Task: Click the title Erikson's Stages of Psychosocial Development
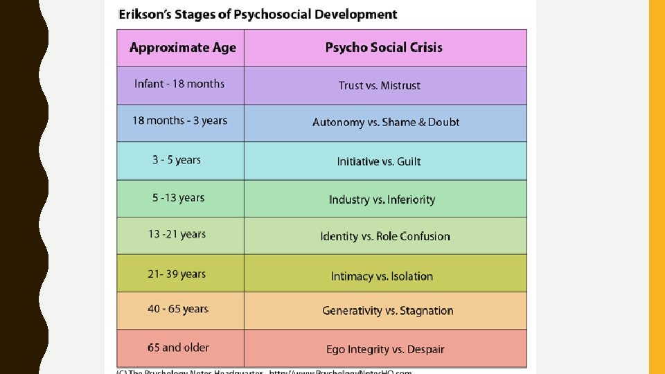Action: coord(258,15)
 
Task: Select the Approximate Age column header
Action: coord(182,48)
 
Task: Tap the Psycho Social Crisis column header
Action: coord(384,48)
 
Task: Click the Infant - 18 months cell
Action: coord(179,84)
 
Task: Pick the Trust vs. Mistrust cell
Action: coord(380,86)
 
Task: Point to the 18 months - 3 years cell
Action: coord(179,121)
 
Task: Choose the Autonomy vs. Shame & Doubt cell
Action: coord(386,123)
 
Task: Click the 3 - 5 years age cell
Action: coord(177,160)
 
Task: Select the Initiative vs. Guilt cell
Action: coord(379,162)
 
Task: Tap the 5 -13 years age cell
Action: coord(179,197)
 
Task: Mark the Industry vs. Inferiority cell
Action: coord(382,199)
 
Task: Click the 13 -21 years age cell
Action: coord(177,234)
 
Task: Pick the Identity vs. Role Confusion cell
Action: coord(385,237)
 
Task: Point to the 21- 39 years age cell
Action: coord(177,274)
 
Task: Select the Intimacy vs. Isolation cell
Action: coord(382,276)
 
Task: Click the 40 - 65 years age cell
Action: coord(178,309)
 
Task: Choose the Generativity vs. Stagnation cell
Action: coord(387,311)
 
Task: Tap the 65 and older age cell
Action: coord(178,348)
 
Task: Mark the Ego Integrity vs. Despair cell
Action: coord(385,350)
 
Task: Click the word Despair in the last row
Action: coord(426,350)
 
